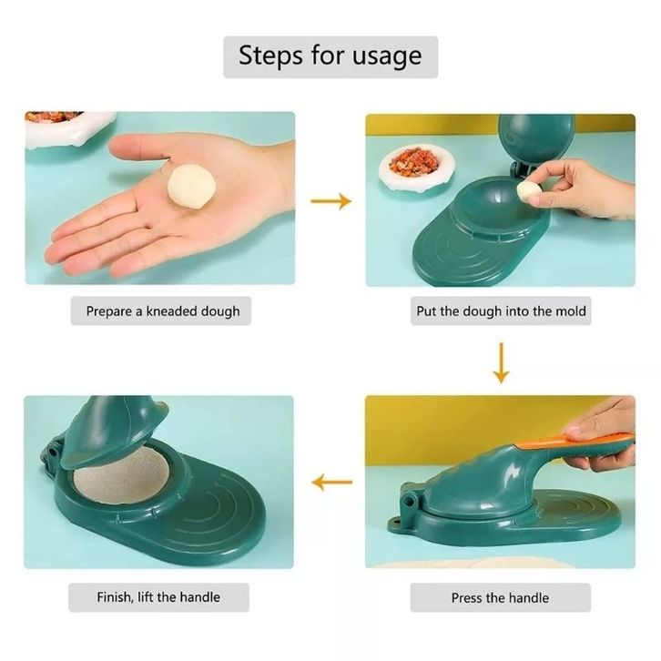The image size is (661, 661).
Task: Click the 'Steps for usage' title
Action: (x=330, y=56)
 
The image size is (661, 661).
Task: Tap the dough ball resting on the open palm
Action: (x=192, y=187)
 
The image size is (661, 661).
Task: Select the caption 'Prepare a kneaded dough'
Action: (x=163, y=311)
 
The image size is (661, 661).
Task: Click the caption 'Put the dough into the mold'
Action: (x=501, y=311)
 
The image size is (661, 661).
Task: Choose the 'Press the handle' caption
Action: (x=500, y=598)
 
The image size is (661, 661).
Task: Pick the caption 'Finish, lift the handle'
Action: (x=158, y=597)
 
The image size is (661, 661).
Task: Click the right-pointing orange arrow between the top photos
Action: (x=330, y=201)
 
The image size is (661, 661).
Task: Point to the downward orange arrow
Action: (x=501, y=363)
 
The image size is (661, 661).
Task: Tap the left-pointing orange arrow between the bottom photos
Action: (x=332, y=482)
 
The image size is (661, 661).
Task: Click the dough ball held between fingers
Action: (x=530, y=190)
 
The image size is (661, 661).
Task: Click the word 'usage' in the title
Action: (x=387, y=57)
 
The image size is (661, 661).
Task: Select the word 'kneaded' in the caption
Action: (x=171, y=311)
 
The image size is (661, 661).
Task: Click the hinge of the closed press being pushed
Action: (x=408, y=501)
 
